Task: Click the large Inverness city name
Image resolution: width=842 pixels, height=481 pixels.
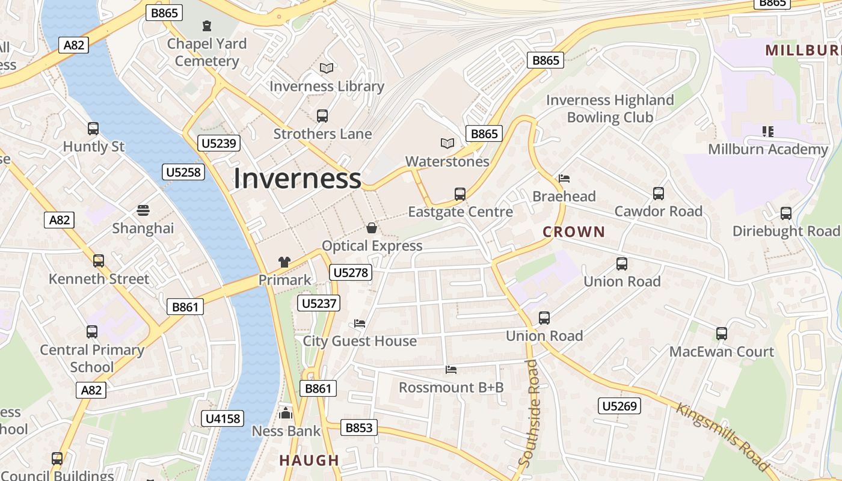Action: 297,179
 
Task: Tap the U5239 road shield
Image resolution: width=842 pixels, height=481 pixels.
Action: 219,143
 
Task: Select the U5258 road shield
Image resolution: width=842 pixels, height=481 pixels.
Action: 184,173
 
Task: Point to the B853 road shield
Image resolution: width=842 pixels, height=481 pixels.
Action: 359,427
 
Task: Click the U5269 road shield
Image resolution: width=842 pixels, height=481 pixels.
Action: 618,406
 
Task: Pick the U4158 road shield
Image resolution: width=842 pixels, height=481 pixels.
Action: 223,418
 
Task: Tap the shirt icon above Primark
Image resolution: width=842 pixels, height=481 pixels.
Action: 284,262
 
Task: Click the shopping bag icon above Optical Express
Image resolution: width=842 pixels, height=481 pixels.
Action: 372,228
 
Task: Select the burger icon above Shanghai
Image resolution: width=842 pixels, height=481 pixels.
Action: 143,210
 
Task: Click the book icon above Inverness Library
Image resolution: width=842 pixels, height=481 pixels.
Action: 326,69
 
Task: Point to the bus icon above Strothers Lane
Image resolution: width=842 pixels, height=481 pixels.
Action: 322,116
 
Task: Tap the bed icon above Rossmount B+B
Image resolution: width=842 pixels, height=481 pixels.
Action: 451,369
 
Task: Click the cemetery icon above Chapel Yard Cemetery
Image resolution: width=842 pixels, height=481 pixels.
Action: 207,26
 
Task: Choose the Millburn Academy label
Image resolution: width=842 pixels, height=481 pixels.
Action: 768,149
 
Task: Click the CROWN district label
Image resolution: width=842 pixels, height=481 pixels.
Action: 574,231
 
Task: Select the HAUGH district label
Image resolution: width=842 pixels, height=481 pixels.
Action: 309,461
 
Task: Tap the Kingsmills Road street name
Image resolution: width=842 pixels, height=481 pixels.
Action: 722,437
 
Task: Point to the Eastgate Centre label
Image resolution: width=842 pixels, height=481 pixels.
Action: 460,212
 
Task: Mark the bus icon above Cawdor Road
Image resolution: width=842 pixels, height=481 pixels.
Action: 659,194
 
